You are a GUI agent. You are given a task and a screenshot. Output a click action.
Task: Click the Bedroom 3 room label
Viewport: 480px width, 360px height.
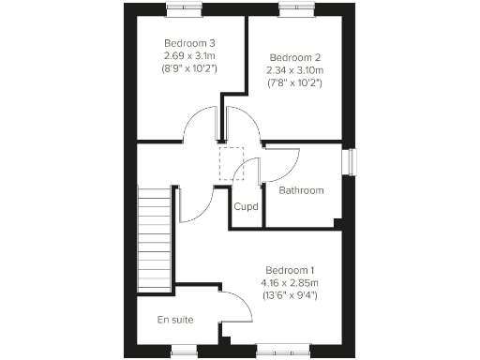[190, 43]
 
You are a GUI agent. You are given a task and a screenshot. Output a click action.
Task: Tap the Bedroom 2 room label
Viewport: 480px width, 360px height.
[294, 56]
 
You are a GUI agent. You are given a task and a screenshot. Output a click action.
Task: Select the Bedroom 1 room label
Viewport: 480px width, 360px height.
[290, 269]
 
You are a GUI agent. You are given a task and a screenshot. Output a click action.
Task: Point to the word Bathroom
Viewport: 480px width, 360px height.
[301, 190]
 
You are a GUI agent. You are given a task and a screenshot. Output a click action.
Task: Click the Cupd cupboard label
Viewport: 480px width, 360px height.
[246, 206]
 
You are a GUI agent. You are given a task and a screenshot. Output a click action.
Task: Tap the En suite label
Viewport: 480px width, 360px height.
[175, 320]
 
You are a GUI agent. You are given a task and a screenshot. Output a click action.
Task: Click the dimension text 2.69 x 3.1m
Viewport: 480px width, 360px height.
[190, 55]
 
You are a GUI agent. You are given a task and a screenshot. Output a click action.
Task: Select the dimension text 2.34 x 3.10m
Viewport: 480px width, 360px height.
[294, 69]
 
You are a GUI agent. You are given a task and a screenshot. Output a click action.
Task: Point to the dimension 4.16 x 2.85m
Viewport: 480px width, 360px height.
[290, 282]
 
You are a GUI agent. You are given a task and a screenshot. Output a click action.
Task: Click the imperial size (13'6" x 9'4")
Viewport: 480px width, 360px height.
[290, 295]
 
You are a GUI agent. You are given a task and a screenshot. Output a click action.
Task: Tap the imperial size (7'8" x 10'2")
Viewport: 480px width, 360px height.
[294, 82]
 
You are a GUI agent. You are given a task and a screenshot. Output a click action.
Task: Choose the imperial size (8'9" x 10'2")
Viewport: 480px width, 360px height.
[190, 68]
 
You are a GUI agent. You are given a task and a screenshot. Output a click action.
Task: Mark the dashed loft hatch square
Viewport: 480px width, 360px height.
[231, 163]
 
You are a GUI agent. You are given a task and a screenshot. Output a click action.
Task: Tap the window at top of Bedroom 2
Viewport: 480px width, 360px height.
[294, 8]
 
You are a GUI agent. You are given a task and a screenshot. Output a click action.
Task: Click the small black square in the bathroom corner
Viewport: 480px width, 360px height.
[338, 222]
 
